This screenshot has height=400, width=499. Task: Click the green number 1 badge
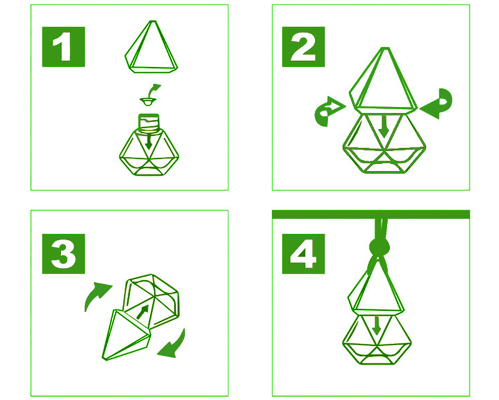coord(64,47)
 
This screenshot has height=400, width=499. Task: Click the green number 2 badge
coord(303,47)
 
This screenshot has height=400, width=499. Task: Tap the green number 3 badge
coord(64,254)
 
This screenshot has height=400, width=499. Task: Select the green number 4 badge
coord(303,254)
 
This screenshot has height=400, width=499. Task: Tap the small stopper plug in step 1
coord(148,102)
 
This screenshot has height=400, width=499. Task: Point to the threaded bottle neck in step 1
coord(148,121)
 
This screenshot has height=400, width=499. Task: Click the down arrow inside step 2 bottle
coord(384,126)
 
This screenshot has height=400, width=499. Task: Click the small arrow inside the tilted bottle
coord(143,312)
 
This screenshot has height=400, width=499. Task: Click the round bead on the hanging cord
coord(379,247)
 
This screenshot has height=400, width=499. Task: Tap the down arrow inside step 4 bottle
coord(377,325)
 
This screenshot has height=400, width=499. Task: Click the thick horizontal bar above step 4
coord(371,214)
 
